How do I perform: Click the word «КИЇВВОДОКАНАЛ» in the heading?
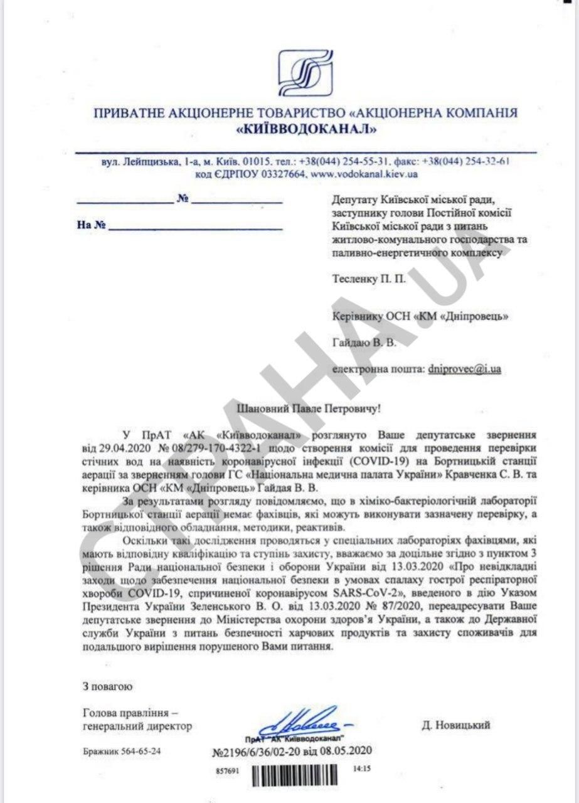point(306,130)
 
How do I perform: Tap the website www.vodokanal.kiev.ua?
point(364,173)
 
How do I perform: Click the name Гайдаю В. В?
point(361,342)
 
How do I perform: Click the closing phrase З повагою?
point(107,686)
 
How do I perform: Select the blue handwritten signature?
point(302,720)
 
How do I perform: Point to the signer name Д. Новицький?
point(456,725)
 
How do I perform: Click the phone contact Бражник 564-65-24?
point(122,750)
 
